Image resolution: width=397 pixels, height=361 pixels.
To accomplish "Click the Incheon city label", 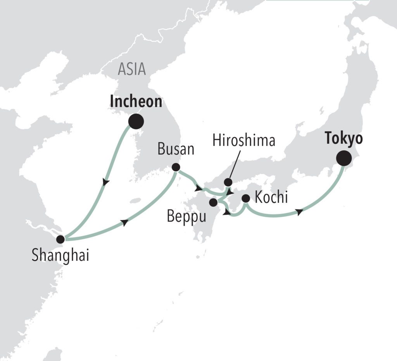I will click(136, 101).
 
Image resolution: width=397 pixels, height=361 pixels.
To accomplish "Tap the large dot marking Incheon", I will click(136, 121).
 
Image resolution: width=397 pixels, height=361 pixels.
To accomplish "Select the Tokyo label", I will click(344, 139).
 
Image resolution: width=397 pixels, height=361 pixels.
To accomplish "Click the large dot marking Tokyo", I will click(344, 159).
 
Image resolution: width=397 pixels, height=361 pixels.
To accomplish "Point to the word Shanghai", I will click(60, 255).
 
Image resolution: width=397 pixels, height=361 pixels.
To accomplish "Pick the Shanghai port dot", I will click(60, 239).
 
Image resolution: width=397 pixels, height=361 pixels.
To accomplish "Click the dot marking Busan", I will click(176, 167).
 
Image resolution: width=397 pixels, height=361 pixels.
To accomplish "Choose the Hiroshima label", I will click(244, 140).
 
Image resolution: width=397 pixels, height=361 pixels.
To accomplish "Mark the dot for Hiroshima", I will click(228, 182).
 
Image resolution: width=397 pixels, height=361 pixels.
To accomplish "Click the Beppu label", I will click(187, 216).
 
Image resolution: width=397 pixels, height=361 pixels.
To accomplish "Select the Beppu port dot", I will click(213, 202).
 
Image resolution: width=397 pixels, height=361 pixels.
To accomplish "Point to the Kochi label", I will click(272, 198).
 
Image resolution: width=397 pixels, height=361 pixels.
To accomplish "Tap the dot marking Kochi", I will click(245, 199).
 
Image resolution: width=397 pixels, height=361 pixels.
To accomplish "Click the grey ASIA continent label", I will click(132, 69).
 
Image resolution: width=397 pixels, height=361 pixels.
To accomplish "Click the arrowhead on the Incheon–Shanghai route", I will click(106, 182).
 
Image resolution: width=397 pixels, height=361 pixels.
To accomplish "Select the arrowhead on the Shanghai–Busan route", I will click(124, 223).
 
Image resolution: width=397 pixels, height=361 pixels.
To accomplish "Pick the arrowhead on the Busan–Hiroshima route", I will click(199, 189).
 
